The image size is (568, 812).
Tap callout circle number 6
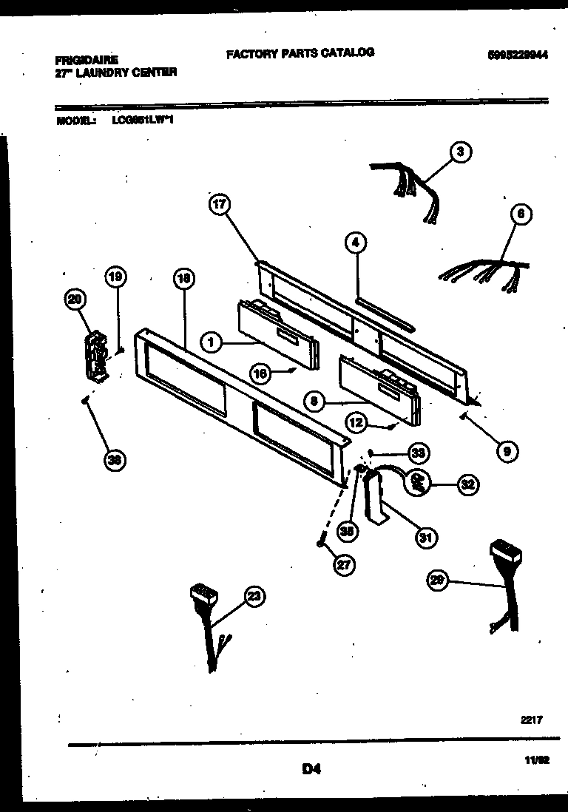(x=520, y=214)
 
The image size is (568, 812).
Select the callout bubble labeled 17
(x=220, y=206)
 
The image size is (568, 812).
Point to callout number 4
(x=355, y=242)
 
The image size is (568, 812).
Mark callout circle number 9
(x=507, y=450)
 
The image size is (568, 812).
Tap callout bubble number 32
(x=467, y=485)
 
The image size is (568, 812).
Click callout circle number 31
(x=425, y=538)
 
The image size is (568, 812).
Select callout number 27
(x=343, y=566)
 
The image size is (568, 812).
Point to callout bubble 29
(x=439, y=581)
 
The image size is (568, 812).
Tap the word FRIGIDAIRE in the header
(x=87, y=59)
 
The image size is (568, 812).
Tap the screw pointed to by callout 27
(x=320, y=544)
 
